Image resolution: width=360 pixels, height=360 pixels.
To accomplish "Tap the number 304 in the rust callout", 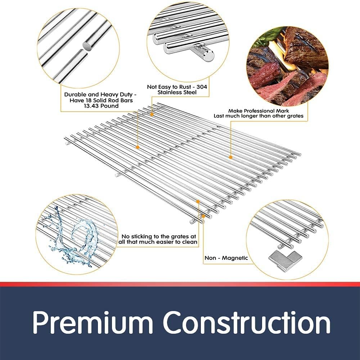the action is pos(202,87).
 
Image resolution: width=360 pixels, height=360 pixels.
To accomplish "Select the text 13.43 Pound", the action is pos(101,106).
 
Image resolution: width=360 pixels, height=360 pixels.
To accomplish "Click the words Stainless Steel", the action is pos(177,92).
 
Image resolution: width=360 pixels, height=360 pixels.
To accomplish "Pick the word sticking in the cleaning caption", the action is pos(140,237).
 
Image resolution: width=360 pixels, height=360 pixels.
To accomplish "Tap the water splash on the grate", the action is pos(72,237).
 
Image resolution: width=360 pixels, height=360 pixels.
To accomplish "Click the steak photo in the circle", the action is pos(287,66).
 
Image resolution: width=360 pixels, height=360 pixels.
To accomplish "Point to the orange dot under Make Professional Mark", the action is pos(230,157).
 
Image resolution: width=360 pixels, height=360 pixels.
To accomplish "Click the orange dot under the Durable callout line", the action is pos(138,147).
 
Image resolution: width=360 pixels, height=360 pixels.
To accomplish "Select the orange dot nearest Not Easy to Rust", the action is pos(152,114).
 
